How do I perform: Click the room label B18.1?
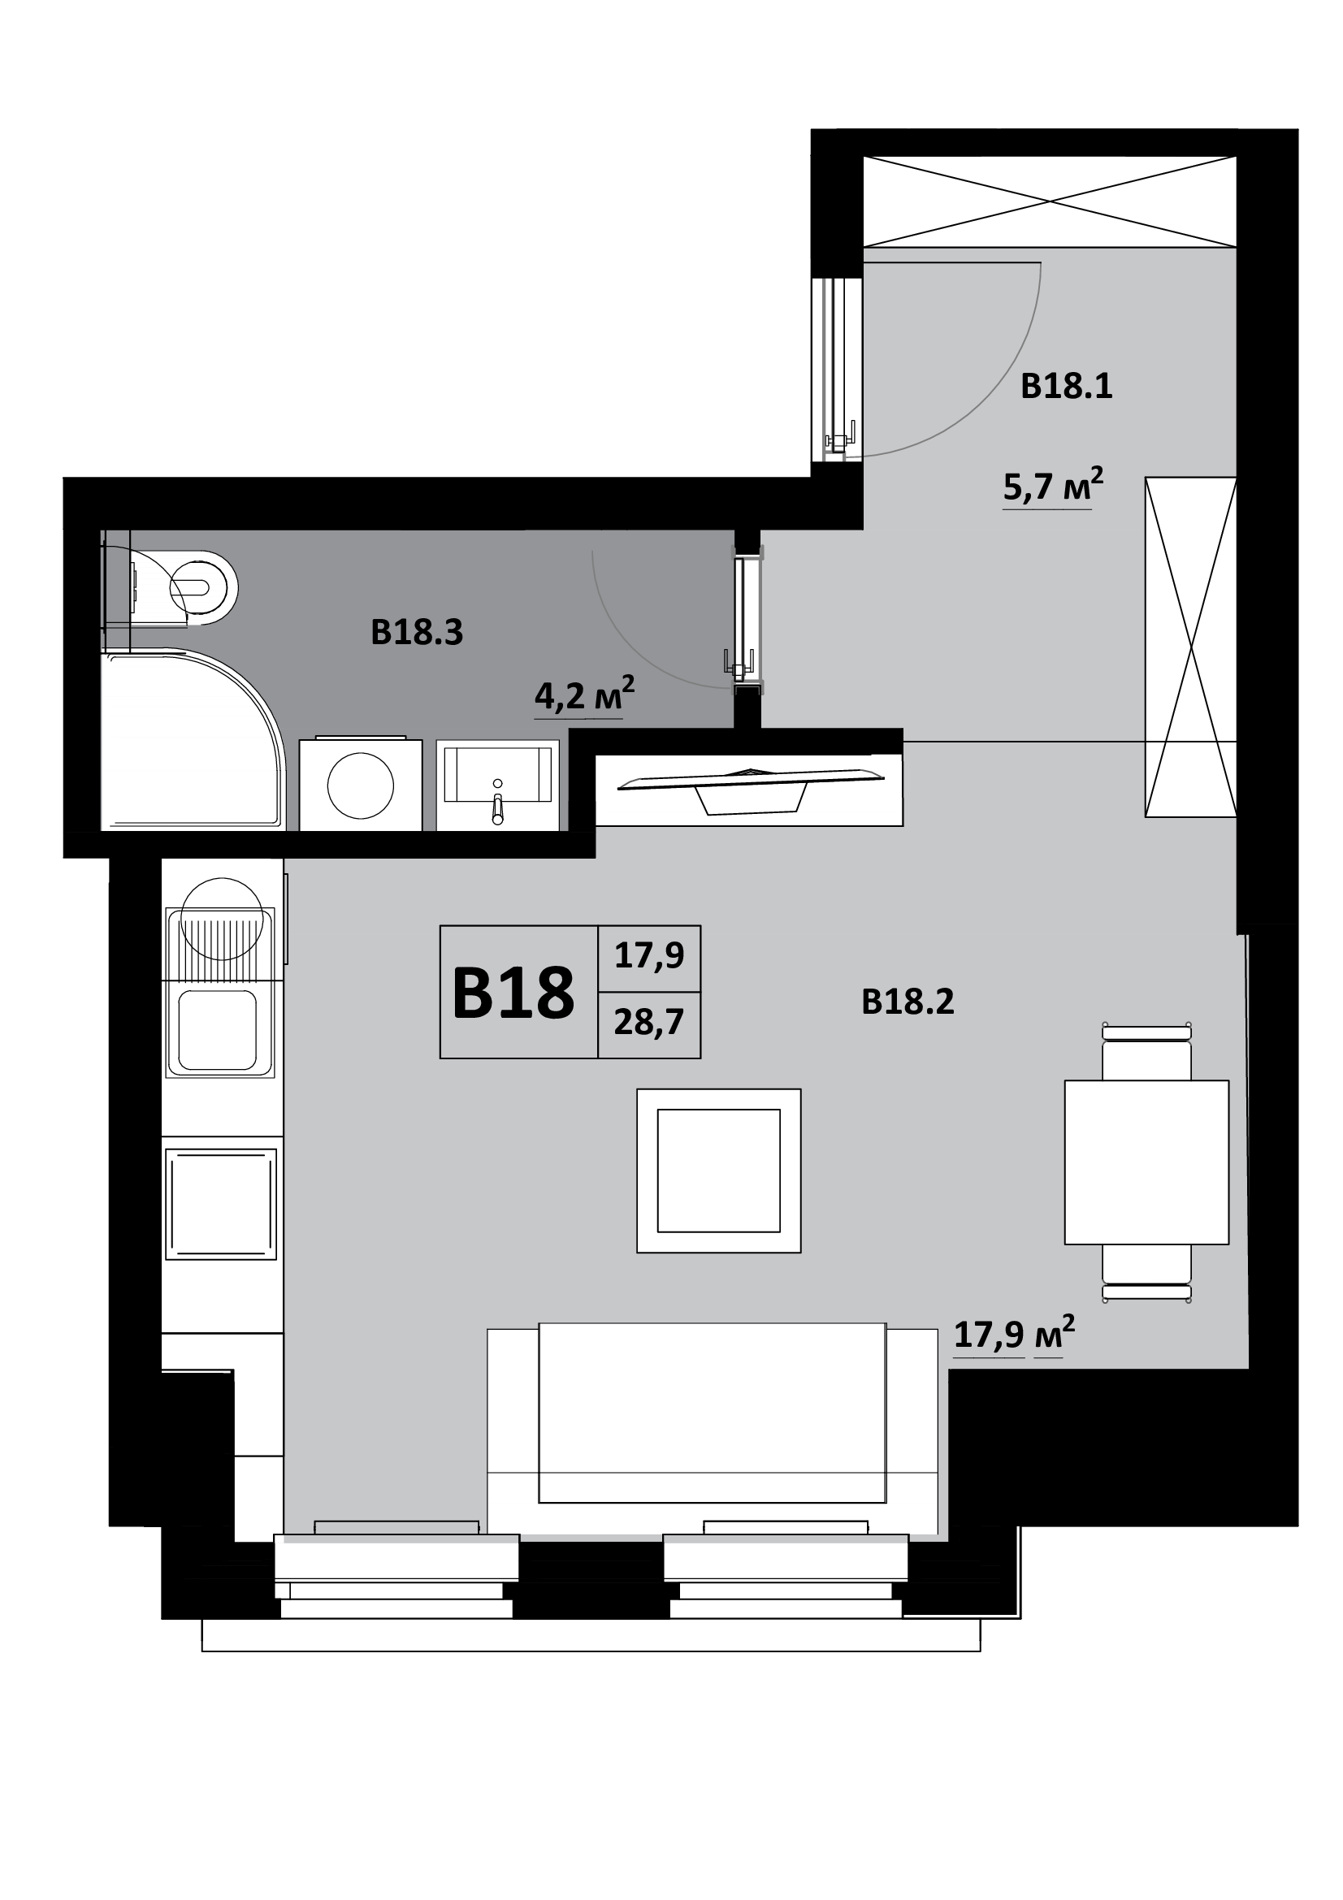[1066, 387]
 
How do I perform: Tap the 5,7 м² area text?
[1053, 485]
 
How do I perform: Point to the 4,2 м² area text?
[584, 695]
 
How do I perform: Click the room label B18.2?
[908, 1002]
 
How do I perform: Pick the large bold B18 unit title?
[513, 993]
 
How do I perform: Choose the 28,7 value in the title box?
[648, 1024]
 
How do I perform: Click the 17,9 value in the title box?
[648, 957]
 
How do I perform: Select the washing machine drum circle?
[360, 786]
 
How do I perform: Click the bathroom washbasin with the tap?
[497, 785]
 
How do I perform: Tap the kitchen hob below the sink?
[220, 1204]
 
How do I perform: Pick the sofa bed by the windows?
[713, 1431]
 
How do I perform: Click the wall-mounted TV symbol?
[750, 790]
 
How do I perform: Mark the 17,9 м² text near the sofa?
[1015, 1333]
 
